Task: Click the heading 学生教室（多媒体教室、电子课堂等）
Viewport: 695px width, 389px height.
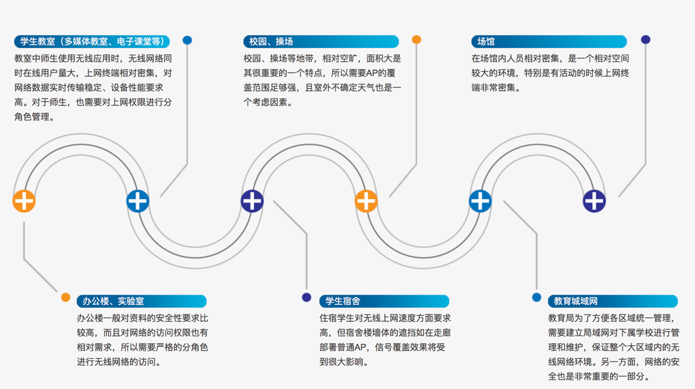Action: point(92,42)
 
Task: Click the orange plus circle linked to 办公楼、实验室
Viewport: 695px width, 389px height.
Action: point(24,201)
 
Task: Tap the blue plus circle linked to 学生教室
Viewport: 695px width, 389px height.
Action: point(138,201)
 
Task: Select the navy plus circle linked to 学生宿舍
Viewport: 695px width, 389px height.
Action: point(252,201)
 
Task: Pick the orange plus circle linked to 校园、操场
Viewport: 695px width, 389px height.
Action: point(366,201)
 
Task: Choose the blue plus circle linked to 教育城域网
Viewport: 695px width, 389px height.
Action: point(480,201)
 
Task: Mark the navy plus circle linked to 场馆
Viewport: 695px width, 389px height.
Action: point(594,201)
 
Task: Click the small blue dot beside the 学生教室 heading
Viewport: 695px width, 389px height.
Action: point(187,40)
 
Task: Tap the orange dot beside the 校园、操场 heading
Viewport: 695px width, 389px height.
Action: point(416,40)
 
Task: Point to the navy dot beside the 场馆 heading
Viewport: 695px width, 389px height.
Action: point(645,40)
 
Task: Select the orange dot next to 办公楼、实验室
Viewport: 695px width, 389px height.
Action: point(66,297)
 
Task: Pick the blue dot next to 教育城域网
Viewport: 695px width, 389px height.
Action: point(536,297)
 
